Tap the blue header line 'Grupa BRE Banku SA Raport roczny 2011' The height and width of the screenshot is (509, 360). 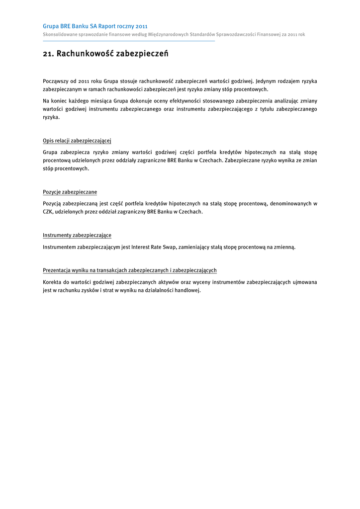(95, 26)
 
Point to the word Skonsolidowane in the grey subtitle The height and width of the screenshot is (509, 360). (60, 34)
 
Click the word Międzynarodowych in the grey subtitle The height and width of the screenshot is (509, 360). (170, 34)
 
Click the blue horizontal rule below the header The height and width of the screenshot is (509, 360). (129, 41)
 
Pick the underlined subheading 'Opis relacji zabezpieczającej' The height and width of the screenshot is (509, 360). (77, 141)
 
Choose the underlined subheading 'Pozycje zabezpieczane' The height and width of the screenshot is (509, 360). (70, 192)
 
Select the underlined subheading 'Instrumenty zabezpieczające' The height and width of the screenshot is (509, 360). (77, 235)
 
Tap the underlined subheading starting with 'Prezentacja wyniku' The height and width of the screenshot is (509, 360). (129, 270)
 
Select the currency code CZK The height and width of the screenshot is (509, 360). (48, 212)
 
